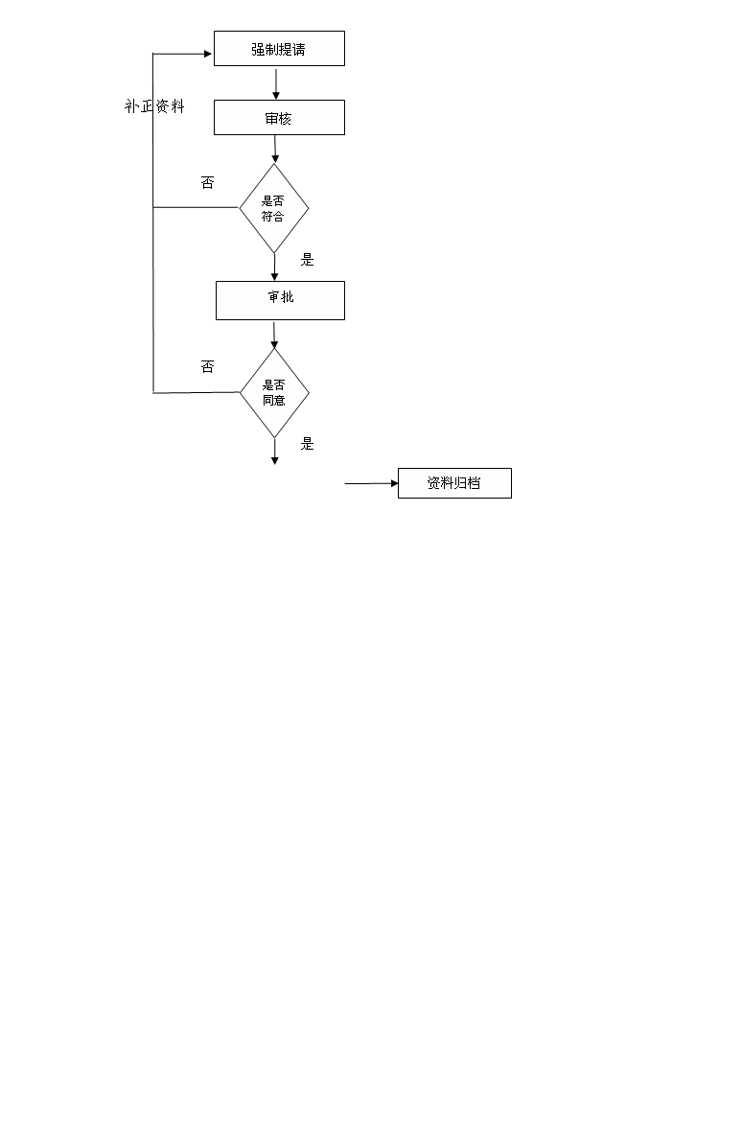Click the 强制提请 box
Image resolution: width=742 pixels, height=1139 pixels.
tap(280, 49)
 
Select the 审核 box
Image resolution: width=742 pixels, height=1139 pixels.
tap(280, 118)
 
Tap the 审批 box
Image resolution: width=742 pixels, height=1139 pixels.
tap(280, 300)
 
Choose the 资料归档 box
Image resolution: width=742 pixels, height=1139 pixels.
tap(454, 483)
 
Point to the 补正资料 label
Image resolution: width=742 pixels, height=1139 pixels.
tap(154, 106)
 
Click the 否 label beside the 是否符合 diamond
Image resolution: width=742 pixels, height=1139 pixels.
tap(208, 182)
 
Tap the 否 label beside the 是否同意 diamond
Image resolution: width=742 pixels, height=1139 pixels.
tap(208, 367)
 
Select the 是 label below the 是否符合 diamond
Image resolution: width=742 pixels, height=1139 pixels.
tap(307, 259)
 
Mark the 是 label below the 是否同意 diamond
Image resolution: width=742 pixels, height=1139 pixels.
tap(307, 443)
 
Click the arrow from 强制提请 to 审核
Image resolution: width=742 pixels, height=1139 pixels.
tap(276, 83)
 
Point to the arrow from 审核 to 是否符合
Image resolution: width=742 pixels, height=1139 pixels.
tap(275, 149)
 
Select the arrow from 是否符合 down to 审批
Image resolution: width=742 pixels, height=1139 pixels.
tap(274, 267)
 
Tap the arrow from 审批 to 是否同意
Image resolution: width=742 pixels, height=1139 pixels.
tap(274, 335)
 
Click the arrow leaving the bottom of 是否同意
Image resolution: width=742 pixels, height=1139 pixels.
tap(274, 452)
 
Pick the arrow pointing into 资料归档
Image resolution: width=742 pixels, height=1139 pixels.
tap(372, 483)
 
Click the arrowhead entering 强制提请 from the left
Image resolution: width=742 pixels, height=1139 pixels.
tap(208, 54)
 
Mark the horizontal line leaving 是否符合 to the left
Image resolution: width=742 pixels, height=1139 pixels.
tap(196, 208)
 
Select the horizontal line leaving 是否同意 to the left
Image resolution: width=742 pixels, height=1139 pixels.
tap(196, 392)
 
